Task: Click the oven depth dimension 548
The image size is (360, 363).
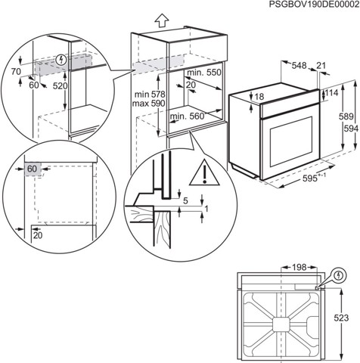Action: [x=300, y=66]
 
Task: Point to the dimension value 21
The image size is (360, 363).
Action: [x=324, y=66]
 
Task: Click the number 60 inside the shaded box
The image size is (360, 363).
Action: [x=32, y=169]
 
